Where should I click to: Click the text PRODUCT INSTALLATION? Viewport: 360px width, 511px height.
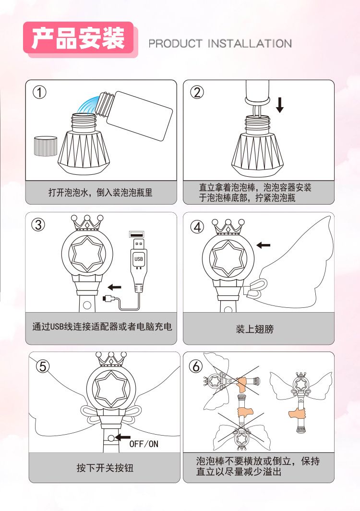pyautogui.click(x=220, y=44)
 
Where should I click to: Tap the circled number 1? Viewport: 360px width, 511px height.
pyautogui.click(x=40, y=93)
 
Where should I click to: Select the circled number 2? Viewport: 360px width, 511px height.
pyautogui.click(x=197, y=93)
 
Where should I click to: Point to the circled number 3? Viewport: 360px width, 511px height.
pyautogui.click(x=38, y=225)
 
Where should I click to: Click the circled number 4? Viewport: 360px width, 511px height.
pyautogui.click(x=197, y=227)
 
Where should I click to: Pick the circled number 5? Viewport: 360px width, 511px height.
pyautogui.click(x=43, y=367)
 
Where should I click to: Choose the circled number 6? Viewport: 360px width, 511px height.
pyautogui.click(x=196, y=366)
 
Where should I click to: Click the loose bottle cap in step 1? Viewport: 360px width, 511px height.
pyautogui.click(x=46, y=146)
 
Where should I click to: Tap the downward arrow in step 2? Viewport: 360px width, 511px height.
pyautogui.click(x=279, y=105)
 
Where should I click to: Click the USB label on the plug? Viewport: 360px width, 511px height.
pyautogui.click(x=138, y=259)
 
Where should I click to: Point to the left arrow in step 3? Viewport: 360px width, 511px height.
pyautogui.click(x=114, y=287)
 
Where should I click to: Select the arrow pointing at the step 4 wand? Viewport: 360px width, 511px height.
pyautogui.click(x=263, y=245)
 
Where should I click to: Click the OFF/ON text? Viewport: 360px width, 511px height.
pyautogui.click(x=144, y=444)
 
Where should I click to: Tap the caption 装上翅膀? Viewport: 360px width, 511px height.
pyautogui.click(x=255, y=329)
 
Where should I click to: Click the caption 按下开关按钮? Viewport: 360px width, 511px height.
pyautogui.click(x=105, y=468)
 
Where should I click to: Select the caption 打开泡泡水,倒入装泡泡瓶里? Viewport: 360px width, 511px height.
pyautogui.click(x=100, y=192)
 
